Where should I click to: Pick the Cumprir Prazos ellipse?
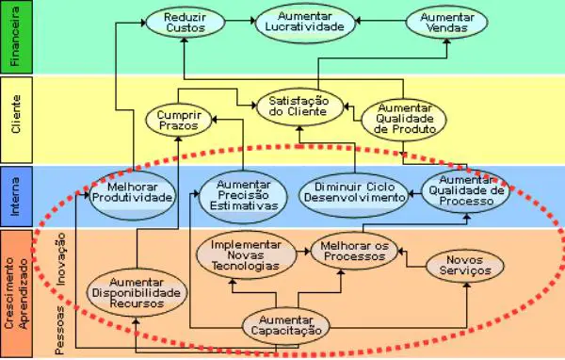(x=177, y=118)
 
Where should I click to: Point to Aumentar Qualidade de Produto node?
(x=403, y=117)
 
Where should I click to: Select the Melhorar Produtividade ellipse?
(x=133, y=191)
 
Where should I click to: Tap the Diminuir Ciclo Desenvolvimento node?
(x=353, y=191)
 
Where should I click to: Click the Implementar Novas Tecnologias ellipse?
(x=245, y=254)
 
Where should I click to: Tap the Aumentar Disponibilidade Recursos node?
(x=137, y=291)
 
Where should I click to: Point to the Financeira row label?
(x=15, y=38)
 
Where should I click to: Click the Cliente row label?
(x=15, y=120)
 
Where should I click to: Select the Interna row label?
(x=15, y=195)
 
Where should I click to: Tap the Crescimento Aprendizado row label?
(x=15, y=293)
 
